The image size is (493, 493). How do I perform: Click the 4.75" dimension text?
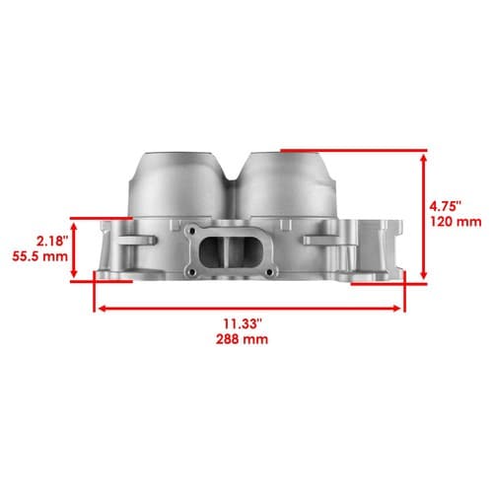[446, 207]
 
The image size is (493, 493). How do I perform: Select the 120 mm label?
[456, 222]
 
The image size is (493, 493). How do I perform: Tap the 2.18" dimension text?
[52, 242]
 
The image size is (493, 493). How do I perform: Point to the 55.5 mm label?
[40, 256]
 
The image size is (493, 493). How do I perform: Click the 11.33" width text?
[243, 323]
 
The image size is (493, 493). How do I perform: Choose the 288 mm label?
[242, 339]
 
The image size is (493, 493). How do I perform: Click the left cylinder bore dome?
[177, 184]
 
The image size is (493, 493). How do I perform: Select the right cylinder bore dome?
[285, 184]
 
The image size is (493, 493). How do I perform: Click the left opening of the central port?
[211, 251]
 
